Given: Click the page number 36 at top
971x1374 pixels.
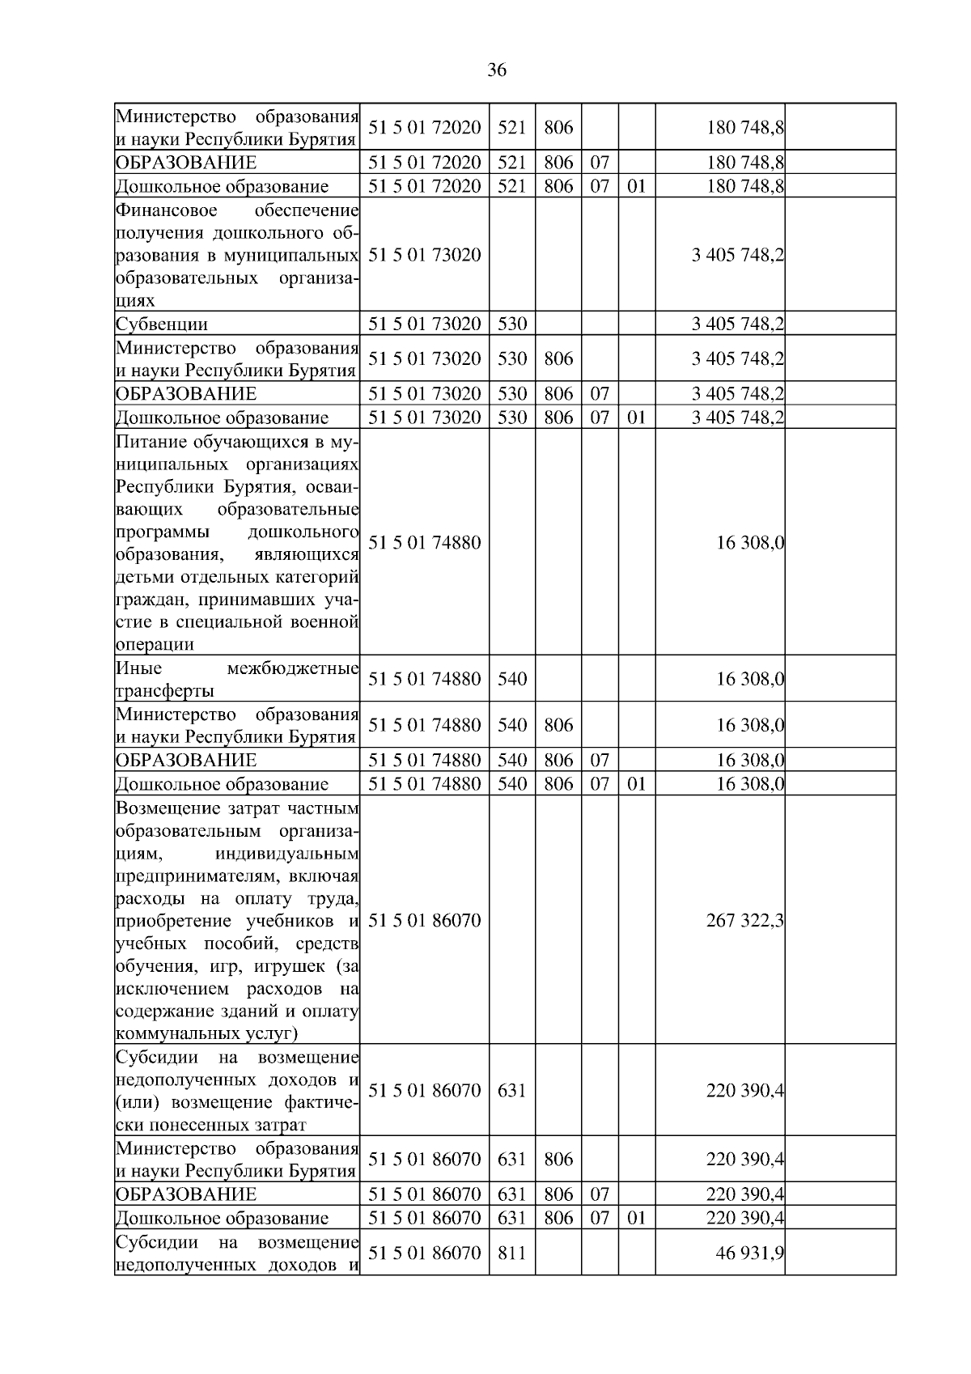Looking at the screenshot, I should (x=497, y=70).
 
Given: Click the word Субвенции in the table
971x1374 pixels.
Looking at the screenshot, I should (x=162, y=324).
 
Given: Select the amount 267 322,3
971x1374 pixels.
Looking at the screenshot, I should (x=744, y=920).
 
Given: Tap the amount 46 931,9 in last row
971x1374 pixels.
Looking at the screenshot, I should (x=749, y=1253).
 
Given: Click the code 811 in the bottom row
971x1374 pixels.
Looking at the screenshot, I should (x=511, y=1253).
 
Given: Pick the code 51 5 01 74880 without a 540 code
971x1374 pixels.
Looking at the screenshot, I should (x=424, y=542).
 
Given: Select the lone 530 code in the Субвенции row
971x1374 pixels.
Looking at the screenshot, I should (x=511, y=324).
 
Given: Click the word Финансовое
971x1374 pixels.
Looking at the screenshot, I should (x=167, y=210).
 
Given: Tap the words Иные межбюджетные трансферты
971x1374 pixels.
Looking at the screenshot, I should (x=236, y=679).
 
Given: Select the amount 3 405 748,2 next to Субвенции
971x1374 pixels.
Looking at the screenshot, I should (x=737, y=324).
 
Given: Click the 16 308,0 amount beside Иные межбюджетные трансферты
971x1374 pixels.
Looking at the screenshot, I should (x=749, y=679).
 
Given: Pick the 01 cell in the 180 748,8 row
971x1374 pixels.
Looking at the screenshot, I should (x=637, y=186).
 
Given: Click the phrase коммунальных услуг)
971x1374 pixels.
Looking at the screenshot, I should (x=207, y=1033).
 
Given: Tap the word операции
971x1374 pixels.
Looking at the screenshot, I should (x=155, y=645).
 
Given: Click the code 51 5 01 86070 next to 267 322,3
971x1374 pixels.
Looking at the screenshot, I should (x=424, y=920).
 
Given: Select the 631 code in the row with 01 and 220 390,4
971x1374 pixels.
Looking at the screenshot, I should (x=511, y=1218).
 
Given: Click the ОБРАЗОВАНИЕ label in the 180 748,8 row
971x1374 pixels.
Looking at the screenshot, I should (x=186, y=163).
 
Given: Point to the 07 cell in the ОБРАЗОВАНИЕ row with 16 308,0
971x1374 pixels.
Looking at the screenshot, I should (x=599, y=760).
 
